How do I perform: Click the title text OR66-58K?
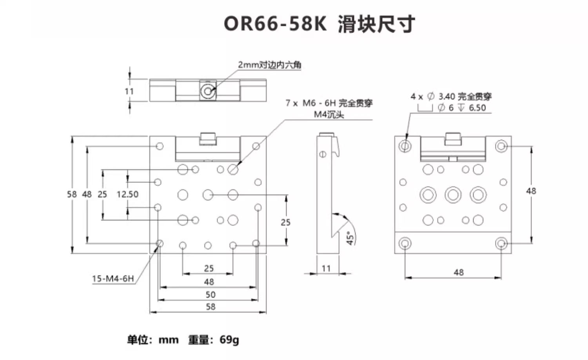275,24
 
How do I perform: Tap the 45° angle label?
350,238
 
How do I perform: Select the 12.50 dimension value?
127,194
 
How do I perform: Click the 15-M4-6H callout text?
113,279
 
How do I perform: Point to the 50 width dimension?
211,295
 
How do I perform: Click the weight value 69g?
229,340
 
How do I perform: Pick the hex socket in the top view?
207,91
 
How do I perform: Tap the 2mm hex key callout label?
270,65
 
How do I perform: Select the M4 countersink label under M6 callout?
328,115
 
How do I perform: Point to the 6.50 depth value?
477,108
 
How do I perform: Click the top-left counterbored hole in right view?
405,146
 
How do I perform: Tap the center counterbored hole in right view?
453,195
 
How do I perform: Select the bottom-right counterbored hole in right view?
501,243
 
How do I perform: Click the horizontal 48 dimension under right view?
459,272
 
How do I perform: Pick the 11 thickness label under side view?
326,269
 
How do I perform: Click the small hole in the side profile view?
323,154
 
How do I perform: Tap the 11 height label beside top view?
129,91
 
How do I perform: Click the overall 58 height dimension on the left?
72,194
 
